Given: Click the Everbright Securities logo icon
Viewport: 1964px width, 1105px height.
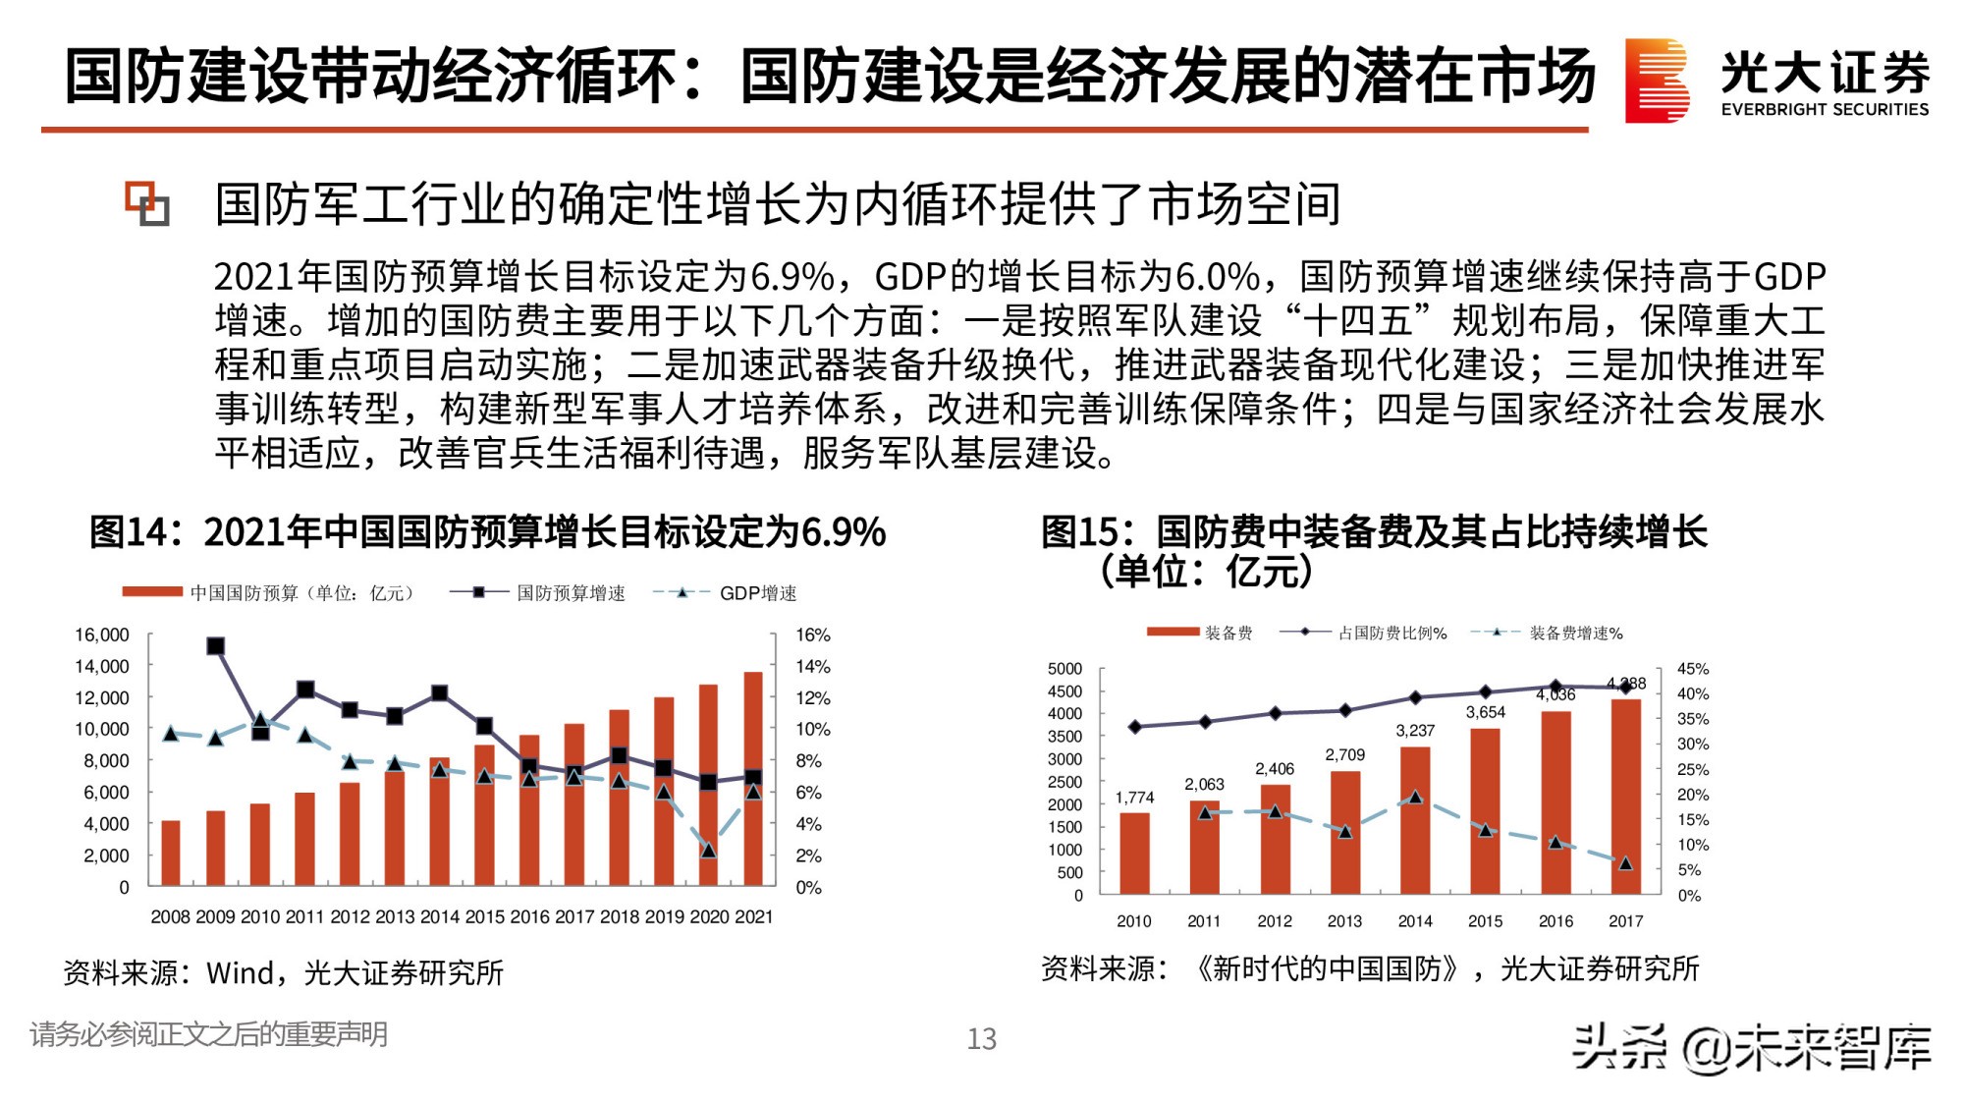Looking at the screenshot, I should [x=1657, y=81].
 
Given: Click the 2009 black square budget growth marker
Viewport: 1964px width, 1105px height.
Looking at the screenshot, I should [x=216, y=646].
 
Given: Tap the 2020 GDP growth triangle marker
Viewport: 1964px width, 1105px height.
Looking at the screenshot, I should [x=708, y=851].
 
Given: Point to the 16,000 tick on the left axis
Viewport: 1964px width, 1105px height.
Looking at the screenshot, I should [x=102, y=635].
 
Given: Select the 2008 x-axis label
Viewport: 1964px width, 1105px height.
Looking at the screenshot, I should [x=170, y=916].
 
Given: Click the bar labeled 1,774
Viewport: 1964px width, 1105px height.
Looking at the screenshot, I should [x=1134, y=853].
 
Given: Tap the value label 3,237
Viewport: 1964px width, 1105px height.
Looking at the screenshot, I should [x=1415, y=731].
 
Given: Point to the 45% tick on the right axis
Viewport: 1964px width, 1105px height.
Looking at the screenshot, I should [x=1693, y=669].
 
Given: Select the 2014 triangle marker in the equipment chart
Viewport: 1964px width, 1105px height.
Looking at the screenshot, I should [x=1415, y=798].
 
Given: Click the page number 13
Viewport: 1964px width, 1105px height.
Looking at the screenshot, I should [x=981, y=1039].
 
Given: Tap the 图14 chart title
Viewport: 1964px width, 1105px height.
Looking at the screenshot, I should [x=487, y=532].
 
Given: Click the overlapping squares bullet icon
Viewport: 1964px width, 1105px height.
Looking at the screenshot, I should [x=147, y=203].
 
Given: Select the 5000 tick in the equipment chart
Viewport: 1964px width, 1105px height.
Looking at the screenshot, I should [x=1064, y=669].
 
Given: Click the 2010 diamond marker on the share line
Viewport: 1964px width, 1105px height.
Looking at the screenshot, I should [x=1135, y=727].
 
